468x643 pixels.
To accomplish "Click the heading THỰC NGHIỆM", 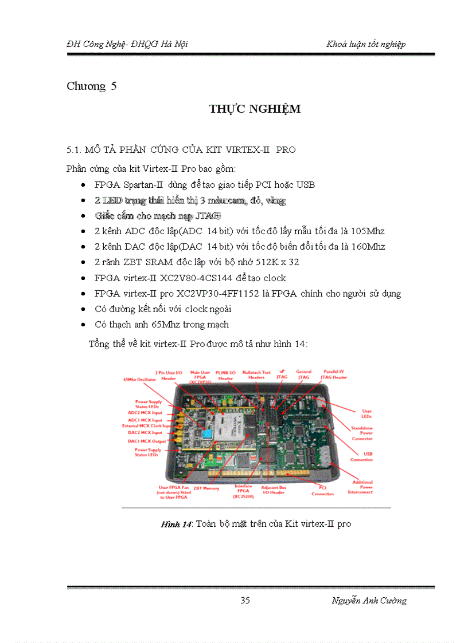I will click(x=255, y=109).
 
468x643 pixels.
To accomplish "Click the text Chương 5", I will click(x=92, y=86).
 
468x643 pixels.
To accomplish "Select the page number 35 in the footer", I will click(x=245, y=600).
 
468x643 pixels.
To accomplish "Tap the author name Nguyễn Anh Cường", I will click(x=369, y=600).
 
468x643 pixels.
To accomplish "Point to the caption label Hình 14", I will click(x=176, y=524).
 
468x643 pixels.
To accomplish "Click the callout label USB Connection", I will click(x=361, y=457).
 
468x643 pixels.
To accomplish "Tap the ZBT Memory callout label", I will click(x=206, y=488).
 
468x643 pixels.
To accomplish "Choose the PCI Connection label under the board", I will click(x=323, y=491).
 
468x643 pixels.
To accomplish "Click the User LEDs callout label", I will click(x=366, y=413).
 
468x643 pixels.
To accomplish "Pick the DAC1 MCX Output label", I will click(x=146, y=441).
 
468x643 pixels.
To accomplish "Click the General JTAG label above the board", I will click(x=303, y=374).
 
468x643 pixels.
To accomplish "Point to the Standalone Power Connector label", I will click(x=362, y=433).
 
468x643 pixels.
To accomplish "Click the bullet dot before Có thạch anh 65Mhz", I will click(x=84, y=325).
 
